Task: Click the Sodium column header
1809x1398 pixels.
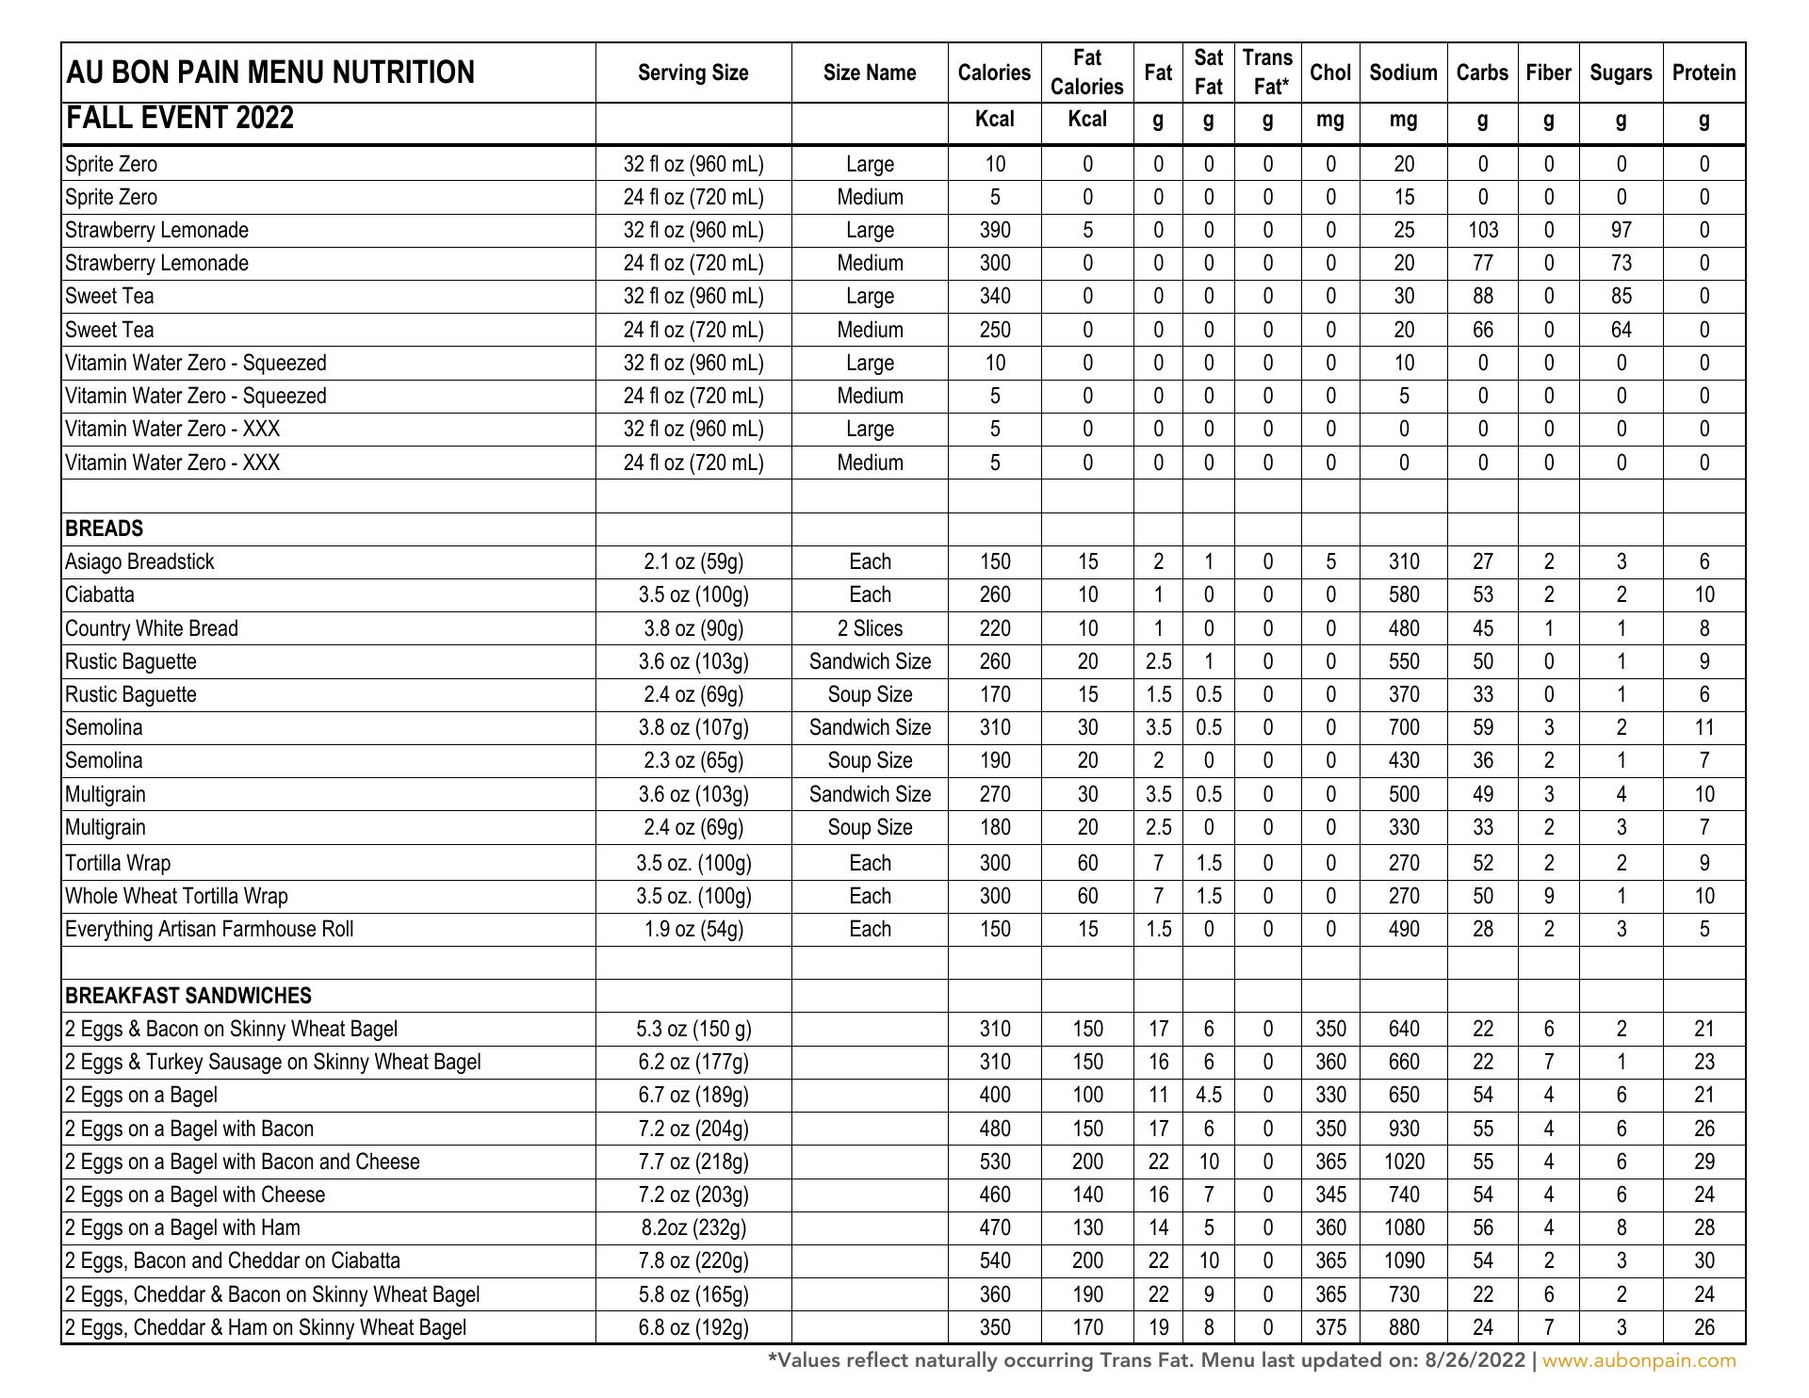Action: point(1403,73)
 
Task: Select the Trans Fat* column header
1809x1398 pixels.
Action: point(1267,73)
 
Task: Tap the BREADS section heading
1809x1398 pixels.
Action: point(105,528)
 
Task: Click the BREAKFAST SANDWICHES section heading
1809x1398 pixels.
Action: point(188,996)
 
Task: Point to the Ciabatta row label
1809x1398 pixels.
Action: point(100,595)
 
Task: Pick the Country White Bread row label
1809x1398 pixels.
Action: point(152,628)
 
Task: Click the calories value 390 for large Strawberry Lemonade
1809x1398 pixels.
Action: point(994,231)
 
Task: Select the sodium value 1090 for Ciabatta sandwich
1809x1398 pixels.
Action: point(1403,1261)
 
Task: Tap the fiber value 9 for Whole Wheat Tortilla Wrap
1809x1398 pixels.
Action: point(1548,896)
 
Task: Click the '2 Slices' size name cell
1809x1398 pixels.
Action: point(870,628)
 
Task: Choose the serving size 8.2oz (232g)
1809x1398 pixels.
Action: point(693,1228)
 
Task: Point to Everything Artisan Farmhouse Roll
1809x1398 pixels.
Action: point(209,930)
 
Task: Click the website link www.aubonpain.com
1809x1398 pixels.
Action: point(1638,1360)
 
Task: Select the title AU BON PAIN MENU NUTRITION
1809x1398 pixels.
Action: point(270,73)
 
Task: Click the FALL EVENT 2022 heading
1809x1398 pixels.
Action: point(180,119)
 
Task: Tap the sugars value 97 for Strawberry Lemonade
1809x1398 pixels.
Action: point(1621,231)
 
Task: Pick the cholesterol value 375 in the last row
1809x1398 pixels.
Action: point(1330,1328)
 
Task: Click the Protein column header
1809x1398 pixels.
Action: point(1703,73)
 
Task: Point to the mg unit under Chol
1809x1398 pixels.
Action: point(1330,120)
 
